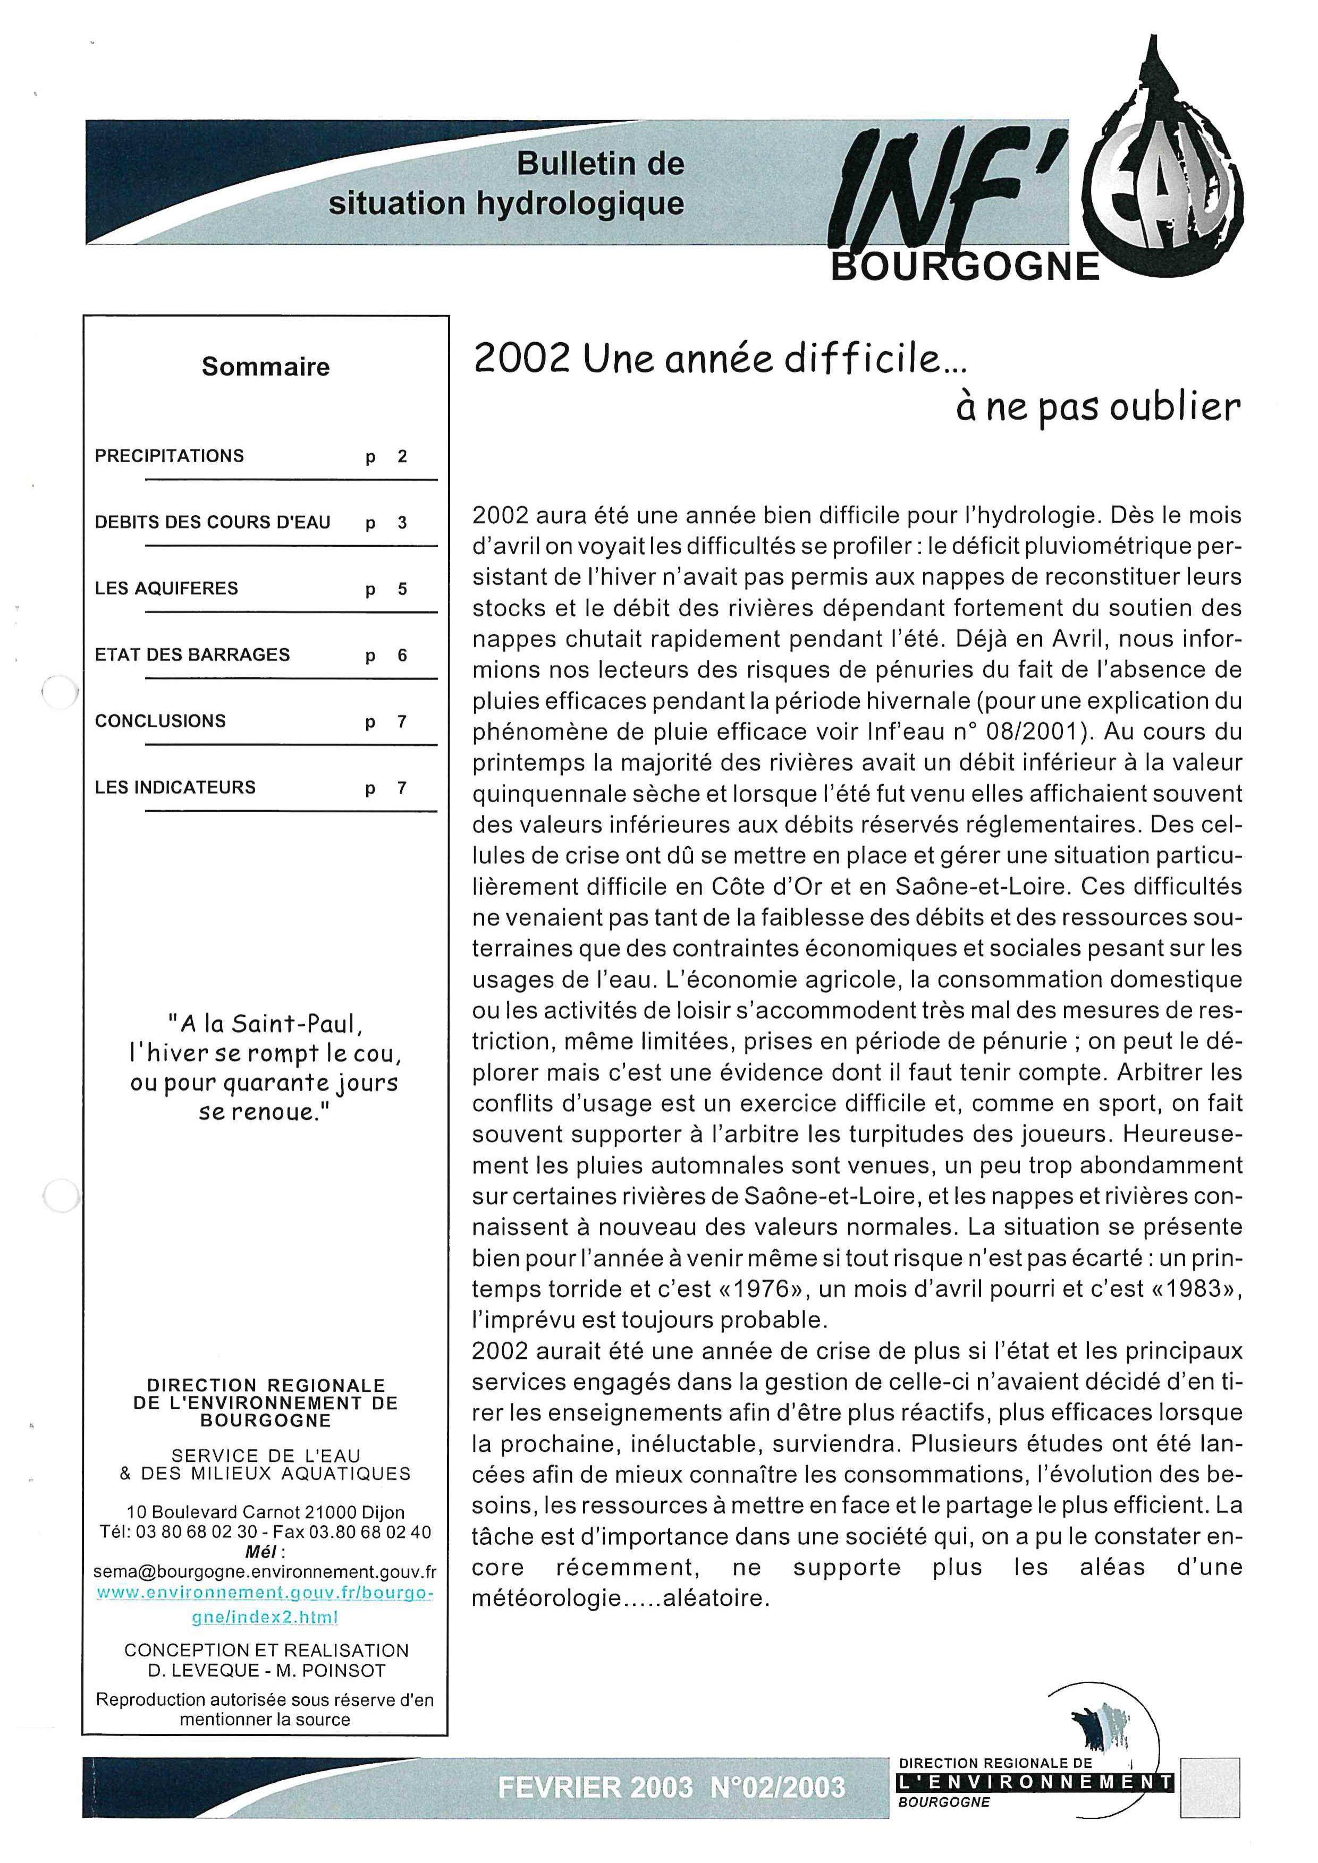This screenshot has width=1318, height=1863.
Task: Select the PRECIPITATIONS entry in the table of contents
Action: (169, 456)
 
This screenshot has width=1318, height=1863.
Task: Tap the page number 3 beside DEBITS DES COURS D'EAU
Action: (402, 523)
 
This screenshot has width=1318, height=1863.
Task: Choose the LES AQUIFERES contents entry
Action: (166, 588)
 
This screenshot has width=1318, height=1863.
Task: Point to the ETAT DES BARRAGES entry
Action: (192, 655)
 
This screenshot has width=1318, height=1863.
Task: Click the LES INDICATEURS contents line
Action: (175, 787)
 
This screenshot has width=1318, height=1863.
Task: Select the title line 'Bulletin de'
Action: (600, 164)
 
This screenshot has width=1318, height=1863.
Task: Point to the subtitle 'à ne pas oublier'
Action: (1097, 406)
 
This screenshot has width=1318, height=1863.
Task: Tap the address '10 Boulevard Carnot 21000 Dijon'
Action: (265, 1512)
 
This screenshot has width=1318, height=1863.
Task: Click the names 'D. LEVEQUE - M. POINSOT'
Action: (265, 1670)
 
